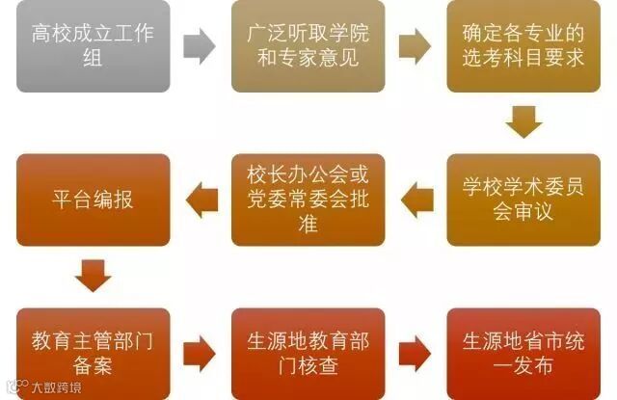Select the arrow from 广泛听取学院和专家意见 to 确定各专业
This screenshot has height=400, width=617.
point(416,45)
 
